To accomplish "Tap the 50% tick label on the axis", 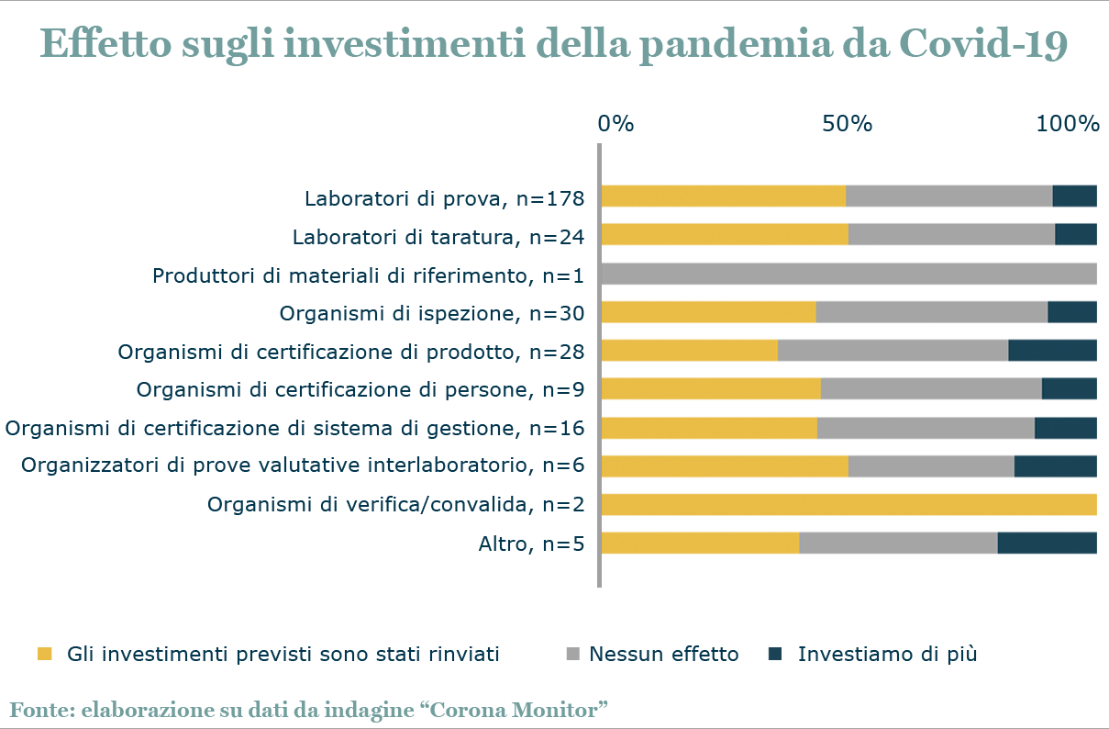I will pos(847,123).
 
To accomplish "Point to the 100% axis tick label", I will pos(1068,123).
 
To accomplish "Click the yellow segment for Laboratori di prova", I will pos(724,196).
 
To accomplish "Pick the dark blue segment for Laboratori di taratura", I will pos(1076,235).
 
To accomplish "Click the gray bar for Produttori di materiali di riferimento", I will pos(848,274).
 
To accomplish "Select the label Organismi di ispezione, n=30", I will pos(432,314).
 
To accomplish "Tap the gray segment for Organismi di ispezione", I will pos(931,312).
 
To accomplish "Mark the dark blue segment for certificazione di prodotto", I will pos(1052,351).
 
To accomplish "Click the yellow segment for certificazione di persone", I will pos(711,389).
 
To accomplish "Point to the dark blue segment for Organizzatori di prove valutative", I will pos(1055,466).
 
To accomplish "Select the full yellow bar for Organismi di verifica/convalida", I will pos(848,505).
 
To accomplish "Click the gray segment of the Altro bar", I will pos(898,544).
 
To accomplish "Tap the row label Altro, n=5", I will pos(531,544).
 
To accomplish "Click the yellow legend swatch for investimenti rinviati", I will pos(52,654).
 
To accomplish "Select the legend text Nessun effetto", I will pos(663,655).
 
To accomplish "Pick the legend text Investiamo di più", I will pos(887,655).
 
